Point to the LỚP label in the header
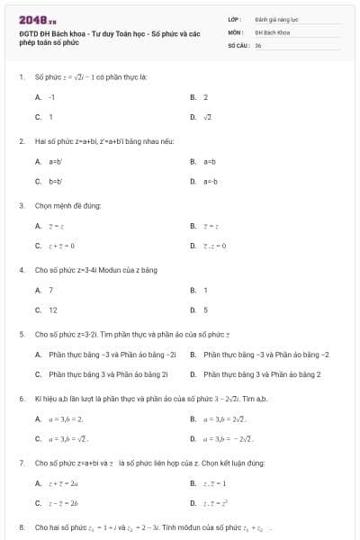(x=233, y=19)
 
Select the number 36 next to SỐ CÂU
(x=258, y=44)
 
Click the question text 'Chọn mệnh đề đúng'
(x=67, y=205)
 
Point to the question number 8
(x=21, y=526)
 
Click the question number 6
(x=21, y=398)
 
